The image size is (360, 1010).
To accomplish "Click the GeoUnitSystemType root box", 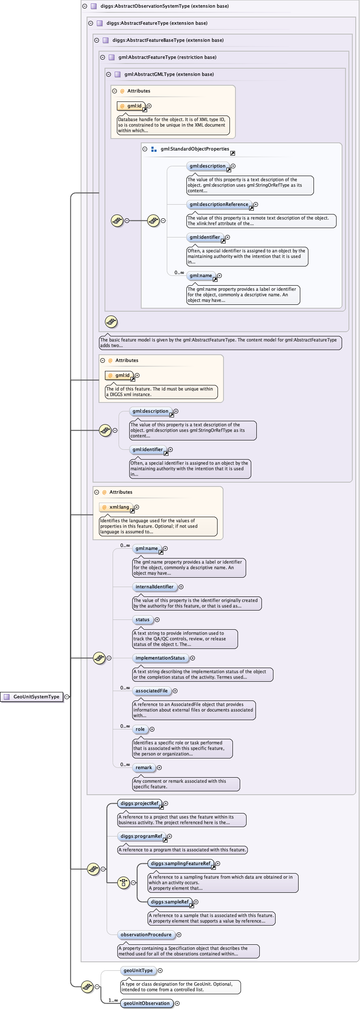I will coord(32,697).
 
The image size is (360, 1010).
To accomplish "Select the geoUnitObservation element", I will coord(147,1003).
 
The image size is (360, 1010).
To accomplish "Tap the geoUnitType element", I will coord(138,970).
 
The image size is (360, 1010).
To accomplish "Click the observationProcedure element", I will coord(146,935).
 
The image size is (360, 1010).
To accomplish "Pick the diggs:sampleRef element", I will coord(170,902).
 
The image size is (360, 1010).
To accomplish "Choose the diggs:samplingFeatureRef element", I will coord(180,863).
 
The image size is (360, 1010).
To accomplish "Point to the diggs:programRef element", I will coord(141,836).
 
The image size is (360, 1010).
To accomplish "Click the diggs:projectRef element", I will coord(139,803).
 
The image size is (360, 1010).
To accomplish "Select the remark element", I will coord(144,767).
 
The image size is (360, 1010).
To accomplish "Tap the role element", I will coord(140,729).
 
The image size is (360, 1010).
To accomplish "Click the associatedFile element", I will coord(151,691).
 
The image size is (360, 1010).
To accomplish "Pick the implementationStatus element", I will coord(160,658).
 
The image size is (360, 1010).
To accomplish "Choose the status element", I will coord(142,619).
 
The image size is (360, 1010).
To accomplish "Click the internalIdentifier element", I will coord(154,587).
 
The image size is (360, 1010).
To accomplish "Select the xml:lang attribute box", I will coord(116,507).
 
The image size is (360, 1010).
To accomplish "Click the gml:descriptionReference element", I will coord(219,204).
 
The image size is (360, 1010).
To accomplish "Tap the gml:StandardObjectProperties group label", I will coord(195,149).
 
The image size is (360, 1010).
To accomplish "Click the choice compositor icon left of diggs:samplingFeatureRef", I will coord(123,883).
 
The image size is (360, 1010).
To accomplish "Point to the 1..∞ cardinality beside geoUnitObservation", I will coord(113,1000).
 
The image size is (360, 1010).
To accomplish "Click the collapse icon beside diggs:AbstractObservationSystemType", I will coord(84,6).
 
